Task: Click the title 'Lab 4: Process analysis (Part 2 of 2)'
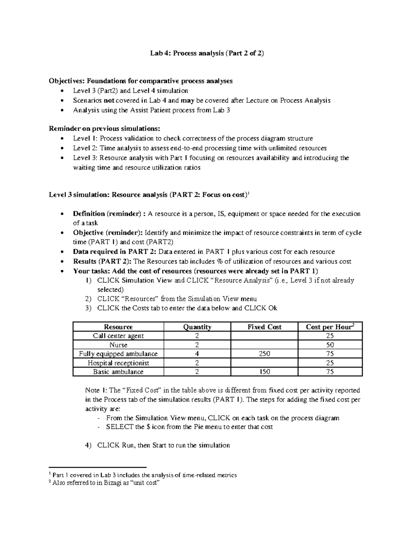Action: [x=207, y=53]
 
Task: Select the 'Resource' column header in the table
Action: [x=118, y=327]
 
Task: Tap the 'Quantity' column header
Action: [x=197, y=327]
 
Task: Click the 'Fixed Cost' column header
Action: [x=264, y=327]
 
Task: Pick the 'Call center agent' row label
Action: [x=118, y=336]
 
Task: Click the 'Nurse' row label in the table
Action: [x=118, y=345]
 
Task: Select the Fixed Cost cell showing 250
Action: [x=264, y=354]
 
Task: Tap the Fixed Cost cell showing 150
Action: [x=264, y=372]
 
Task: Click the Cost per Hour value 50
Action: [x=330, y=345]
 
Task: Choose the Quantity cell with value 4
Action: [x=197, y=354]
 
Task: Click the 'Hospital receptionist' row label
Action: [x=118, y=363]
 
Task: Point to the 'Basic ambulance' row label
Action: [x=118, y=372]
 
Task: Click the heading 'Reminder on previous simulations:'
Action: [x=105, y=129]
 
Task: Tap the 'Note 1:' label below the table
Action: [x=97, y=390]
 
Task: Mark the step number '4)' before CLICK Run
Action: [x=88, y=445]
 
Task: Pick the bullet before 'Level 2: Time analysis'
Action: [x=62, y=148]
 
